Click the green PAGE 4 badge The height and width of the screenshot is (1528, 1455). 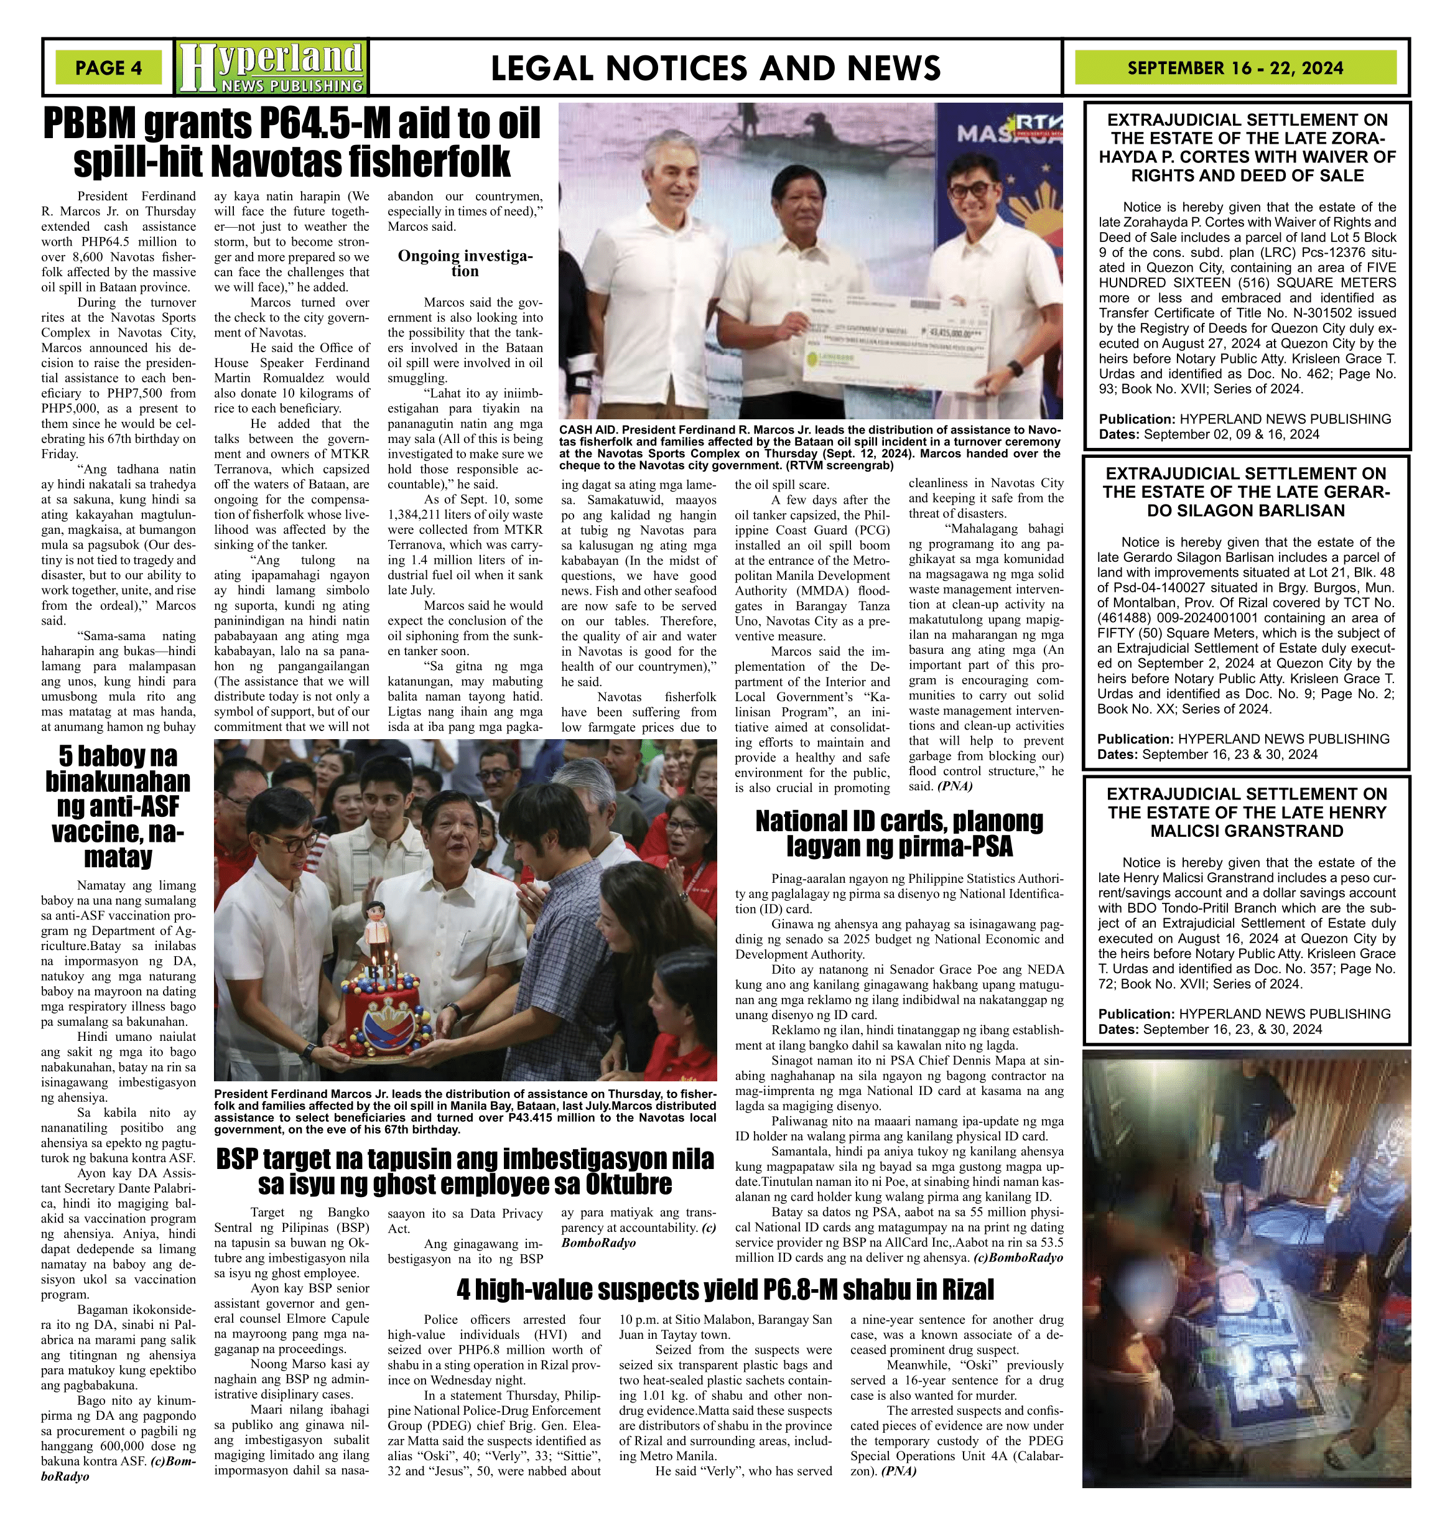tap(109, 67)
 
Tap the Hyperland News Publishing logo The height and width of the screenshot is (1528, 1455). tap(271, 67)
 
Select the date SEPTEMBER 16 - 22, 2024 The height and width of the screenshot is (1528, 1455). tap(1235, 67)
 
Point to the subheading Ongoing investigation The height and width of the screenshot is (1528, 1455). tap(465, 263)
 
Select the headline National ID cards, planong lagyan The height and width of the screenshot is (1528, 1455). tap(899, 834)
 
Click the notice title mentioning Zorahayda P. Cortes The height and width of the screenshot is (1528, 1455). tap(1247, 147)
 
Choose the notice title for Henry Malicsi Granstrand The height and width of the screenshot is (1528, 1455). tap(1247, 812)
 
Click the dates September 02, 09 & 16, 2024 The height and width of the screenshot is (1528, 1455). tap(1231, 434)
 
